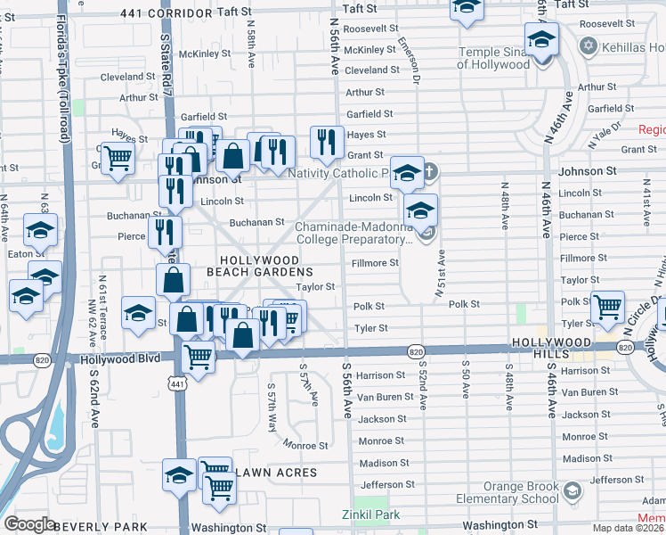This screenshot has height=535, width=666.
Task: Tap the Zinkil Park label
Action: (x=371, y=514)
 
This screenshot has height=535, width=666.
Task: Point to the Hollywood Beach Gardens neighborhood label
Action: (x=259, y=264)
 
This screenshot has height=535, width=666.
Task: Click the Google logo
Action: (x=29, y=524)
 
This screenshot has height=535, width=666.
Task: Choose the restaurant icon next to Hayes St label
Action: (x=327, y=141)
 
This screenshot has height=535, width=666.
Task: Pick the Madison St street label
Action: (x=384, y=463)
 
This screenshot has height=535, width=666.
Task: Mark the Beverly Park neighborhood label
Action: (x=101, y=527)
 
